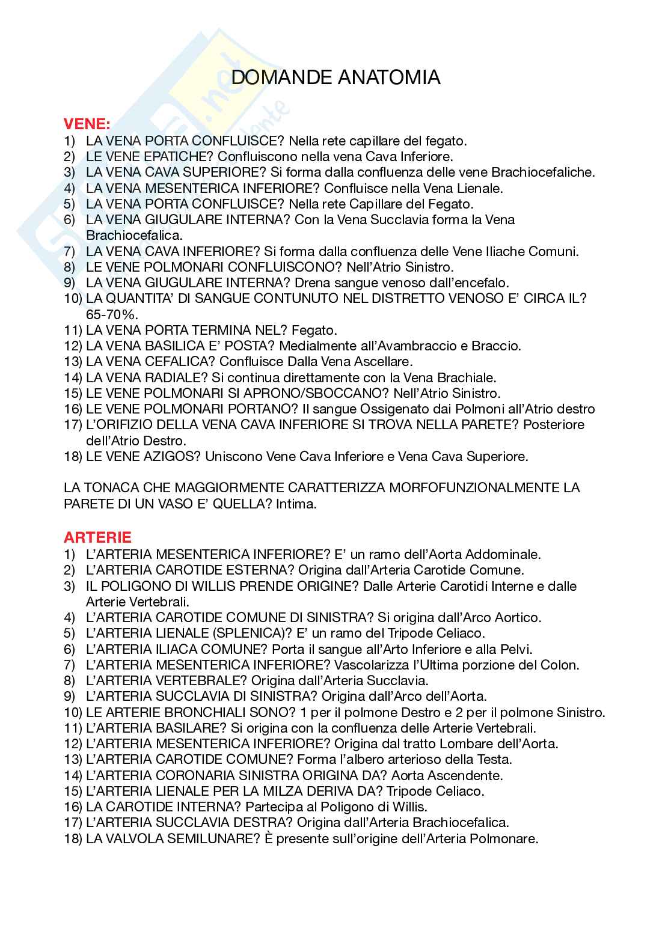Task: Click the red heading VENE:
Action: click(x=87, y=124)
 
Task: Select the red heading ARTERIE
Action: click(x=97, y=537)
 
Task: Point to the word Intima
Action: click(x=296, y=504)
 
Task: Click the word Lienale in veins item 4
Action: click(x=479, y=188)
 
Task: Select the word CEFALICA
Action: click(x=171, y=362)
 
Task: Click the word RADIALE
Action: click(x=167, y=377)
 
